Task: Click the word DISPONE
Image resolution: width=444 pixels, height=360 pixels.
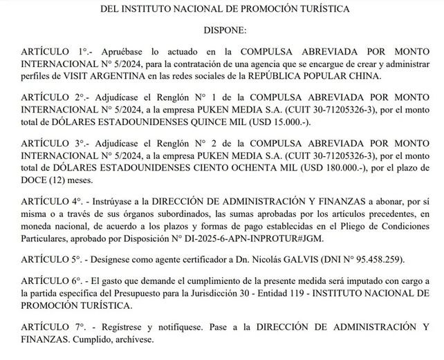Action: [222, 30]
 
